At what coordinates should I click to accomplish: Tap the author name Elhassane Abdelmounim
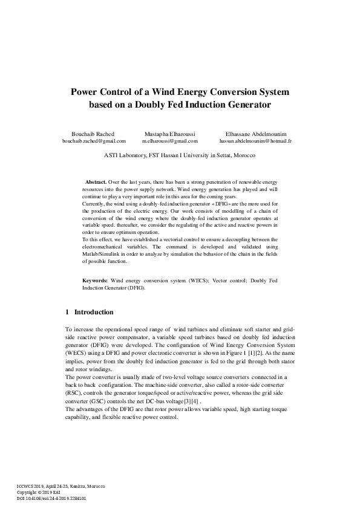[x=256, y=133]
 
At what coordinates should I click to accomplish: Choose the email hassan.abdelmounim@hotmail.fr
[x=256, y=140]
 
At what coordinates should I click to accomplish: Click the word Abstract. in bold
[x=96, y=181]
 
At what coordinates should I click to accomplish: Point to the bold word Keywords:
[x=96, y=282]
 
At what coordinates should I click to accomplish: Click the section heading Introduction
[x=94, y=312]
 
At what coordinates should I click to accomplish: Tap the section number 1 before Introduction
[x=67, y=312]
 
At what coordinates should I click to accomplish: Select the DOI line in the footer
[x=51, y=499]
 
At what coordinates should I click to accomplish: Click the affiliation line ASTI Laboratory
[x=180, y=155]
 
